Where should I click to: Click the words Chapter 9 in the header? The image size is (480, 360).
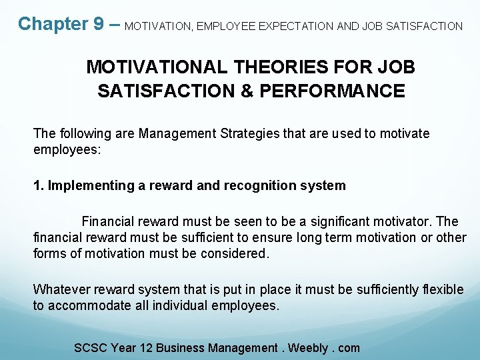tap(60, 24)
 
